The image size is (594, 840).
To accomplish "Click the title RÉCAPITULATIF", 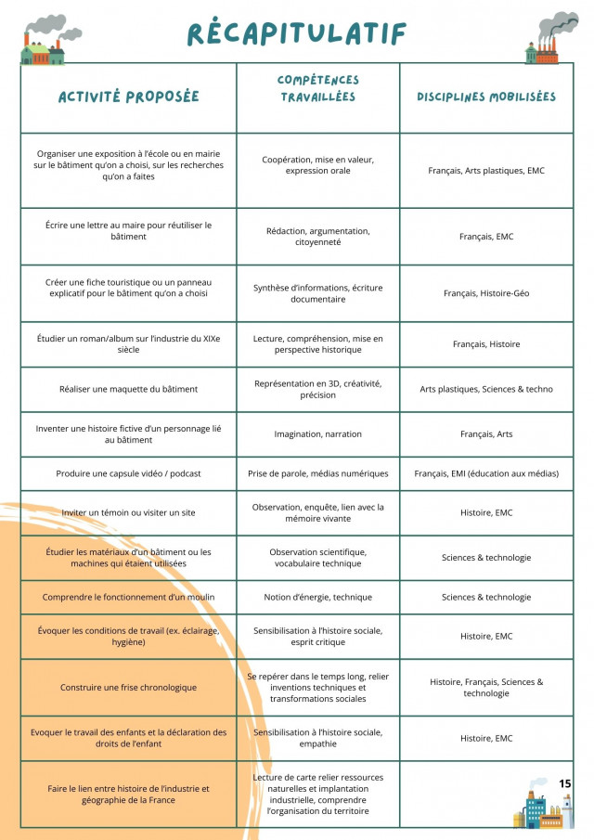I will click(x=297, y=33).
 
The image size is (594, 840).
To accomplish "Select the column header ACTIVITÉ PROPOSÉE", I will click(x=128, y=97).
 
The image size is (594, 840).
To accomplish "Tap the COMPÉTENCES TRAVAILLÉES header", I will click(x=317, y=89).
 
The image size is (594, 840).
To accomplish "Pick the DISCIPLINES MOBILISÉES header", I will click(x=486, y=97).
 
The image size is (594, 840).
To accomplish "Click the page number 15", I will click(x=565, y=783).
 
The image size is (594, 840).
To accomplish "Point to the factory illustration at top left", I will click(x=44, y=42).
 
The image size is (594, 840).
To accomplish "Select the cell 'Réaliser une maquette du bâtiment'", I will click(x=128, y=389).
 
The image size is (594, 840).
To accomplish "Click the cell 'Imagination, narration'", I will click(x=317, y=433).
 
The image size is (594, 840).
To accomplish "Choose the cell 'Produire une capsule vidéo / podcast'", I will click(x=128, y=473).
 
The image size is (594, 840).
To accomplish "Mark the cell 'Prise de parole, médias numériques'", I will click(x=317, y=473).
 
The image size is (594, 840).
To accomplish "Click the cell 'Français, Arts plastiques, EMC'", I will click(x=486, y=171).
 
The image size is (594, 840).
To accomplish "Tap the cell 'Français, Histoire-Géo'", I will click(x=486, y=293).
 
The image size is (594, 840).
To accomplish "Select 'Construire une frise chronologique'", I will click(x=128, y=687).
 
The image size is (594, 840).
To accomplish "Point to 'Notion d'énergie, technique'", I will click(x=317, y=597).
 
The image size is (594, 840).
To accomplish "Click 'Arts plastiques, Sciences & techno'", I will click(x=486, y=389).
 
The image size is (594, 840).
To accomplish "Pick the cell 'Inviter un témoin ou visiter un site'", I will click(x=128, y=512).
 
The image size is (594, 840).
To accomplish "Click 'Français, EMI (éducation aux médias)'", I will click(x=486, y=473).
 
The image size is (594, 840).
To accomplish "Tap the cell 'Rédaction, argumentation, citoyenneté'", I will click(x=317, y=237).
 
